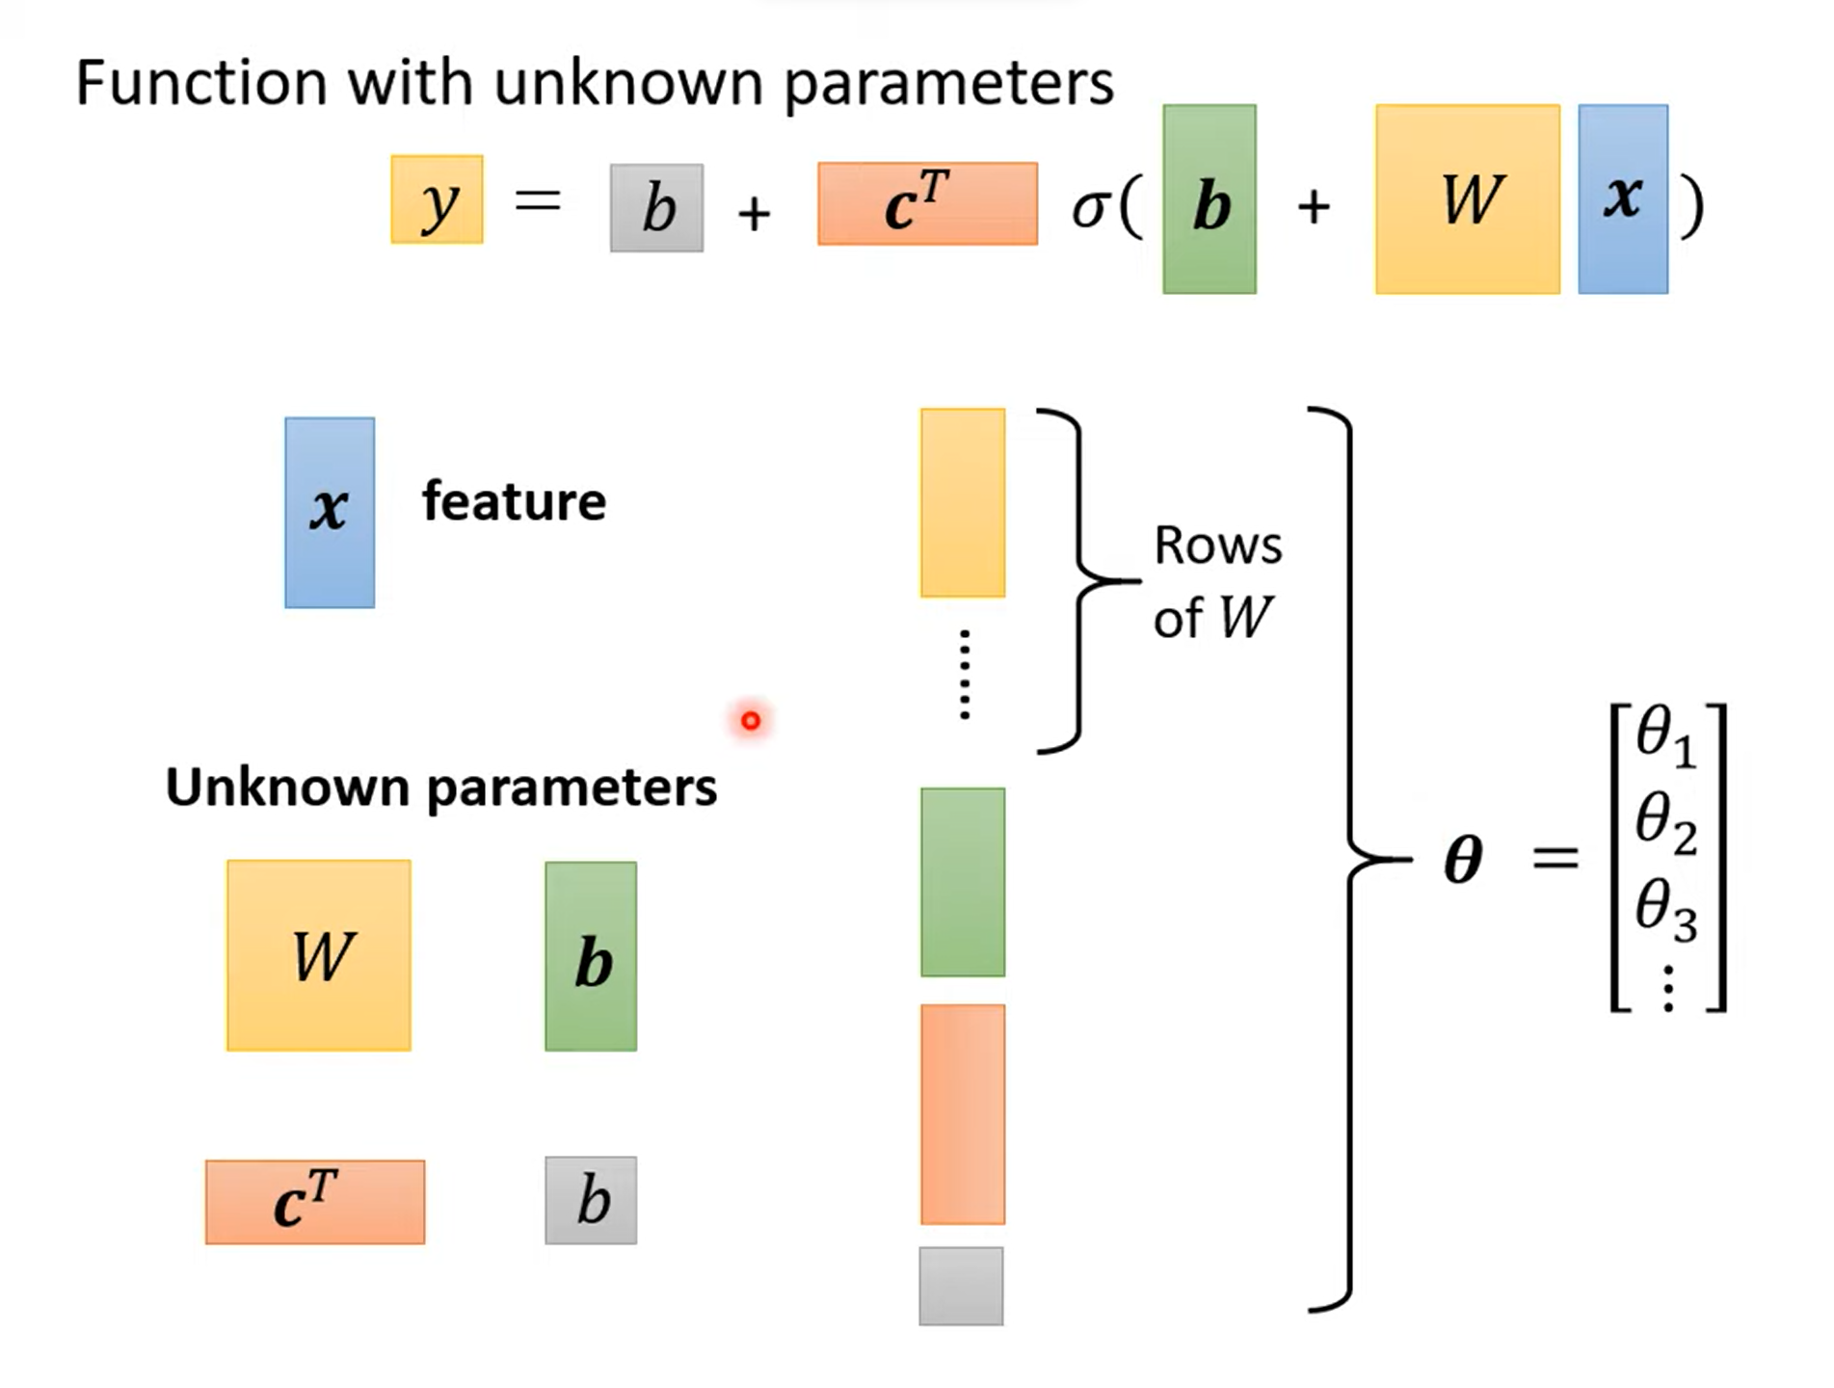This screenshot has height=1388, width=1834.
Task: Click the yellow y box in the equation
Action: click(x=437, y=200)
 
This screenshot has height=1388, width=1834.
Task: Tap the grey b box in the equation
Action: click(x=656, y=208)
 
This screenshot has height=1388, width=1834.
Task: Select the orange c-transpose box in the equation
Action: click(x=927, y=203)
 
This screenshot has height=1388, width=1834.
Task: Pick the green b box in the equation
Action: click(x=1209, y=200)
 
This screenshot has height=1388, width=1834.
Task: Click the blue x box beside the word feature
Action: click(x=330, y=512)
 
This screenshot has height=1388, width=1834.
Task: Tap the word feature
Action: click(x=514, y=501)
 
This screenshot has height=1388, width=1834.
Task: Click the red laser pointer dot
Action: click(x=751, y=720)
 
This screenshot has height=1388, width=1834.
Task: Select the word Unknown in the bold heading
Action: click(x=287, y=787)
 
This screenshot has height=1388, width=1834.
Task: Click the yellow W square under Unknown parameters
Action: click(x=319, y=955)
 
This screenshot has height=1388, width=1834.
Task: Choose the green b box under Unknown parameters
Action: click(x=591, y=956)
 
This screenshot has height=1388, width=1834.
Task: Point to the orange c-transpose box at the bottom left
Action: click(x=315, y=1202)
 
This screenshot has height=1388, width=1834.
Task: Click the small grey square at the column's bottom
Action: click(x=961, y=1286)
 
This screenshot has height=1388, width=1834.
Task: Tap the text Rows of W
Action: click(x=1216, y=581)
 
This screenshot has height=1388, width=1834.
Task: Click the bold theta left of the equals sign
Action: click(x=1462, y=859)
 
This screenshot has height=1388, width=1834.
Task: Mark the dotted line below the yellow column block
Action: click(x=965, y=675)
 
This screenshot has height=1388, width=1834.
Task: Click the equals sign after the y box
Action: click(x=538, y=200)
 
